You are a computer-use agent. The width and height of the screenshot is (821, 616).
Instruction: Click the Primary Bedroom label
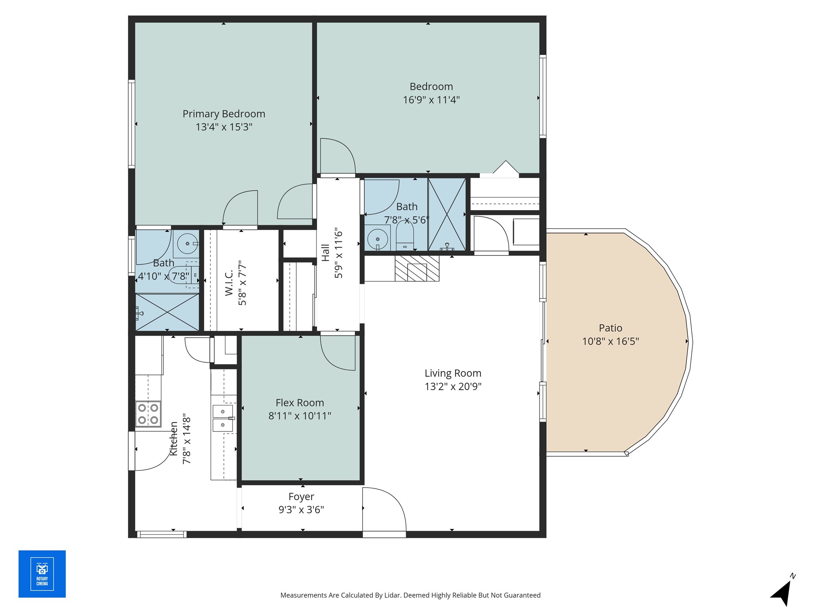pos(224,114)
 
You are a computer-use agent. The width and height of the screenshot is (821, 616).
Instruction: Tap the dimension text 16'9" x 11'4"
pos(431,100)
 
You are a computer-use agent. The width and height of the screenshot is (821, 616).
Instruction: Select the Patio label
pos(611,328)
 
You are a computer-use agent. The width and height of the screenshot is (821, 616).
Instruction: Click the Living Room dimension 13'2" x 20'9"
pos(453,387)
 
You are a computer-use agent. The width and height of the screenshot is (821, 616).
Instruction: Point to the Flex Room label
pos(300,403)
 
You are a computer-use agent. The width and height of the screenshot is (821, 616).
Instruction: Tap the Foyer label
pos(301,497)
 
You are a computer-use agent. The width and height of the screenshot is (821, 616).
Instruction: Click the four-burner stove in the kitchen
pos(148,414)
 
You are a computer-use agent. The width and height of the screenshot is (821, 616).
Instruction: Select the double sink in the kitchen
pos(223,418)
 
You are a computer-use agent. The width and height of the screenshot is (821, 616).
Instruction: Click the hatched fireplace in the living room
pos(417,268)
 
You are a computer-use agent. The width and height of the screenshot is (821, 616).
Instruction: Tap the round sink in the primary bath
pos(187,243)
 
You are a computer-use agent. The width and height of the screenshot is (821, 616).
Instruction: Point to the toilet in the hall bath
pos(404,235)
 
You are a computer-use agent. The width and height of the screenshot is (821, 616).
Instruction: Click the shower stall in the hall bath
pos(447,214)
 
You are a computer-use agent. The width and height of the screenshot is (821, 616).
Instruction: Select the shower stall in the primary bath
pos(167,312)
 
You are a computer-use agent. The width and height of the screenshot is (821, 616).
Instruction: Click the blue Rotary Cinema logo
pos(42,574)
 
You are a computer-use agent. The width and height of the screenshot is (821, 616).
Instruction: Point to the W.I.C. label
pos(229,283)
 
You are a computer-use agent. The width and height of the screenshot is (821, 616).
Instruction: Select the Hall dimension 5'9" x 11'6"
pos(339,253)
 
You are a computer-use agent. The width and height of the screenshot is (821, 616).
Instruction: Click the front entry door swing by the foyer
pos(384,510)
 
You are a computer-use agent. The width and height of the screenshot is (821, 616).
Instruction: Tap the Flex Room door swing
pos(338,353)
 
